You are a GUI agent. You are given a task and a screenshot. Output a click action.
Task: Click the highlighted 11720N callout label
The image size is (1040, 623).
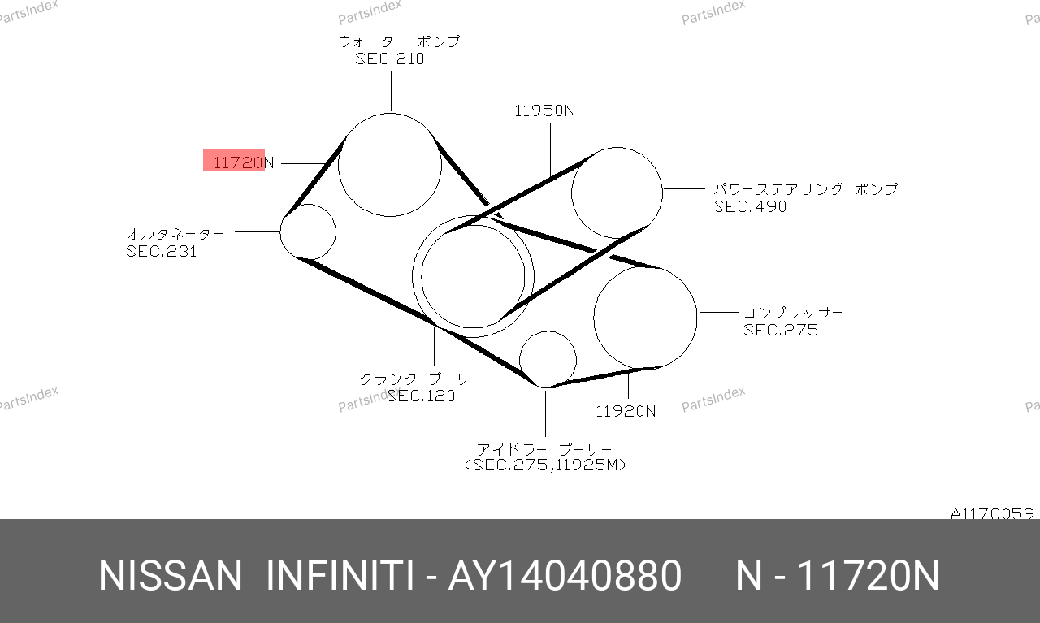(244, 162)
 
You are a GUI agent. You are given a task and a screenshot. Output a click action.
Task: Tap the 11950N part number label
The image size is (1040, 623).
(545, 110)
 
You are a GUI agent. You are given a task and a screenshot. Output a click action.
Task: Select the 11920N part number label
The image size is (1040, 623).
(626, 411)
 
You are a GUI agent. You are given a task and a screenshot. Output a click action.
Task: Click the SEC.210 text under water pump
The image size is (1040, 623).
(390, 59)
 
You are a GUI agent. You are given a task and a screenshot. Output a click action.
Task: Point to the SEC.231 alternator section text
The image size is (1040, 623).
(162, 251)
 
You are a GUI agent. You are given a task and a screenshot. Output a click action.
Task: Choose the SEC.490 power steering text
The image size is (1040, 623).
(750, 206)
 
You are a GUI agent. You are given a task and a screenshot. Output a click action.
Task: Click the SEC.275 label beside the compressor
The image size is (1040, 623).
(781, 330)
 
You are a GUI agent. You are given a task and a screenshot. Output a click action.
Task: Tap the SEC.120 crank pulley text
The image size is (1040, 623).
(421, 396)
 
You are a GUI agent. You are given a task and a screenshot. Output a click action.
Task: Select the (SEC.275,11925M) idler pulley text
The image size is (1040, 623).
(545, 465)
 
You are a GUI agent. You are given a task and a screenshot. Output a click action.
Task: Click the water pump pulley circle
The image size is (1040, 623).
(390, 113)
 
